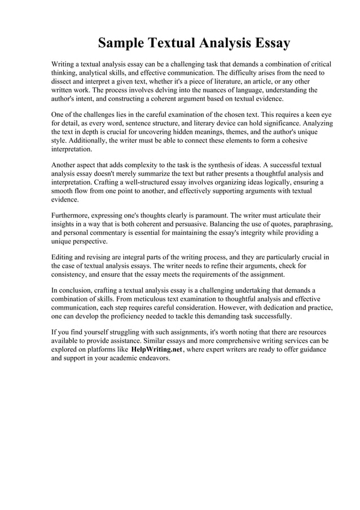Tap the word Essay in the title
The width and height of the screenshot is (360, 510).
(266, 43)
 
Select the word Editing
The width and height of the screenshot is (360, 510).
(63, 258)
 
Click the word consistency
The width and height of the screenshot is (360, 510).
(72, 274)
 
